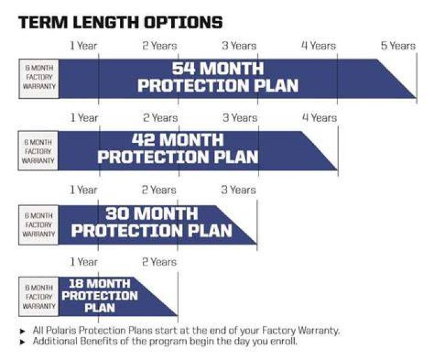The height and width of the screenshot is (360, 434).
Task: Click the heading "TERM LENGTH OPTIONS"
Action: point(121,22)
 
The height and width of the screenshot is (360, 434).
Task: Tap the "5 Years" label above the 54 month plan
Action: point(398,46)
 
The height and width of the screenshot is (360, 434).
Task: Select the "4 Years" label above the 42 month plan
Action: point(319,118)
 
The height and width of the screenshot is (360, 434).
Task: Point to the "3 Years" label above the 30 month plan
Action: point(239,190)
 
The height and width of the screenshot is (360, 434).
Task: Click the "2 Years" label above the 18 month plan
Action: point(159,262)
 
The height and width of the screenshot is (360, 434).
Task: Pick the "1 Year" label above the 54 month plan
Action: point(83,46)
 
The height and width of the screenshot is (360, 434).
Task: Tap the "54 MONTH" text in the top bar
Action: point(218,68)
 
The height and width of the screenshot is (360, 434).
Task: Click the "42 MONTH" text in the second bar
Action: point(178,140)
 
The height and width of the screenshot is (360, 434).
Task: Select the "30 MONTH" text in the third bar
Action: point(152,213)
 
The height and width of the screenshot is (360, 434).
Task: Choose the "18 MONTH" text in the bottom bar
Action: point(99,283)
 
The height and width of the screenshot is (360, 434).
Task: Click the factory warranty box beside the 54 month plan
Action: point(39,78)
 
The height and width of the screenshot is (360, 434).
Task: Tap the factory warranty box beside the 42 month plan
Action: point(38,151)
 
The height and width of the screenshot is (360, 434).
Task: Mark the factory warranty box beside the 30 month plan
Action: point(39,225)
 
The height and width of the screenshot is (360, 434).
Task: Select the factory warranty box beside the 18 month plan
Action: point(39,297)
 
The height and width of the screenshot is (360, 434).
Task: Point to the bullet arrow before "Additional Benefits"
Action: point(23,343)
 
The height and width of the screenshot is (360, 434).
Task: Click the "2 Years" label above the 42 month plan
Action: point(160,118)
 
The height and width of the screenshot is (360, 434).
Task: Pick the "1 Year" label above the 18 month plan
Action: point(83,262)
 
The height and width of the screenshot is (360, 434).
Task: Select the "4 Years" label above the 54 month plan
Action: point(319,46)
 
